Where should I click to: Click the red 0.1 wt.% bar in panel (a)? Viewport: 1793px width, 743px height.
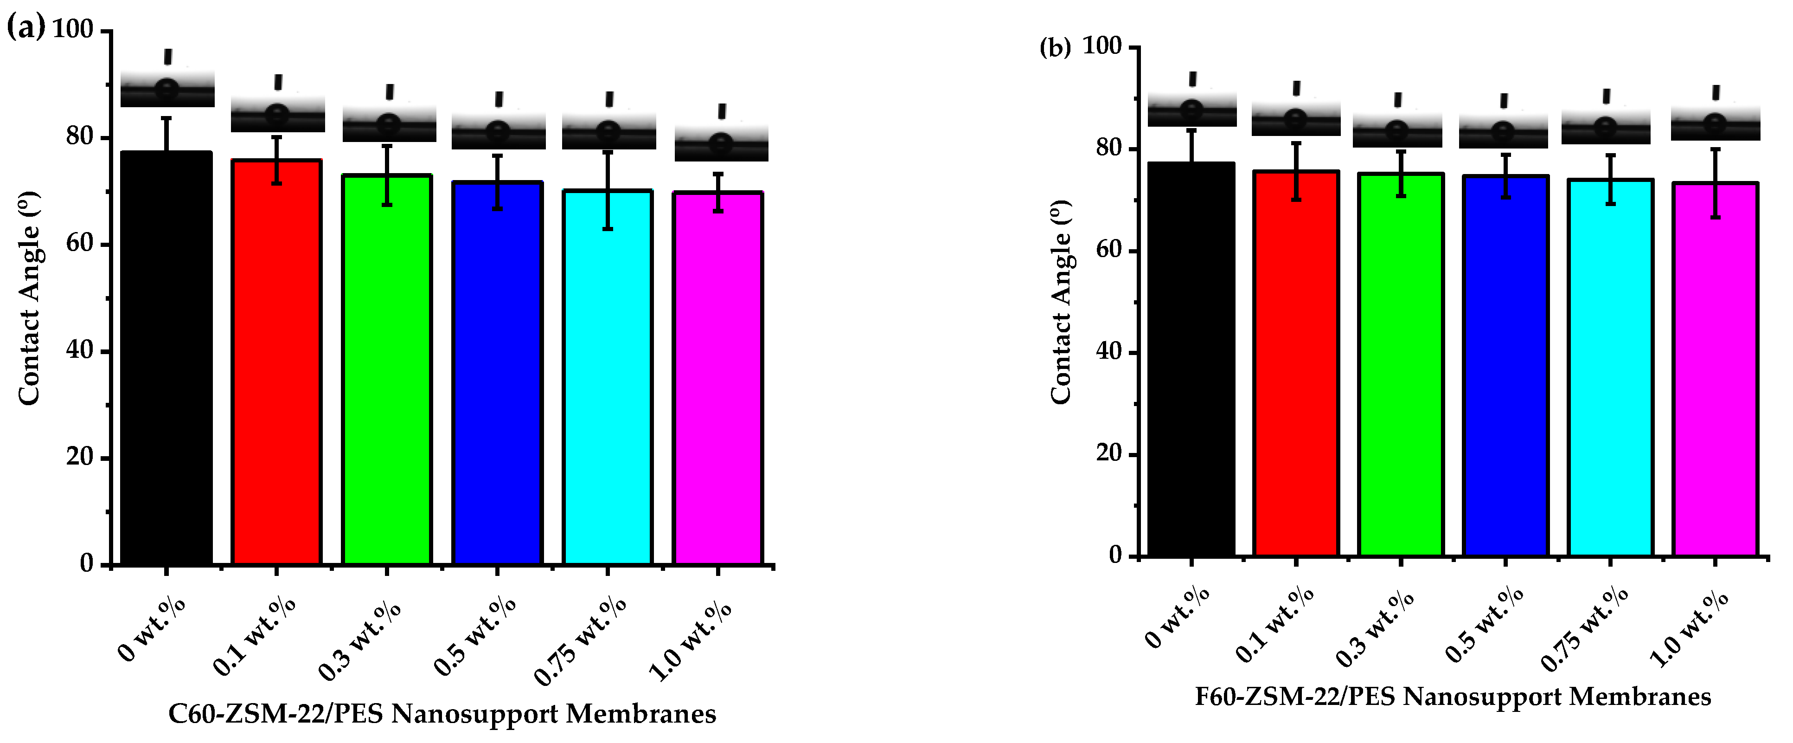pos(276,362)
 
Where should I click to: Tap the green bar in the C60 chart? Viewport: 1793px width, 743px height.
pos(387,369)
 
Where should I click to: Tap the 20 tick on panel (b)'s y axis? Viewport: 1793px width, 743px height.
pos(1109,454)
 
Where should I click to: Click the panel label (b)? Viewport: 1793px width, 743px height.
pos(1055,48)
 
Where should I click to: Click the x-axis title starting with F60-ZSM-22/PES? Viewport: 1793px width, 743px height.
pos(1453,696)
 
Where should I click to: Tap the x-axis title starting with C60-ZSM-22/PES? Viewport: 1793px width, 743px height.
pos(442,714)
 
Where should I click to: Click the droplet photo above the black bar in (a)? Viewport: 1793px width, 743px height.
pos(167,89)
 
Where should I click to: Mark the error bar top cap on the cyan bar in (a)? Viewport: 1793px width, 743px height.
pos(608,152)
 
